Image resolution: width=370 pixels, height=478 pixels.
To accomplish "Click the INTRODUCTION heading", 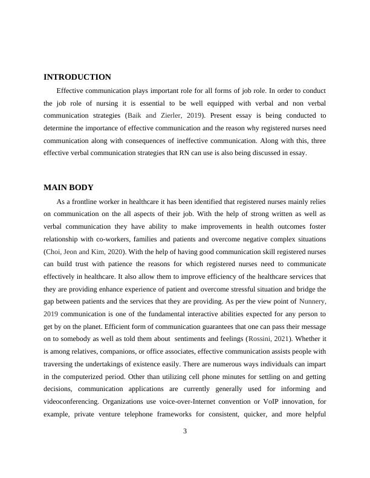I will (x=77, y=77).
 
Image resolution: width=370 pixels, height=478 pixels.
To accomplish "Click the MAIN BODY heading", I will (x=68, y=187).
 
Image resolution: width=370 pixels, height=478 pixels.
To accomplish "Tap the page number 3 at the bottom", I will (x=185, y=430).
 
